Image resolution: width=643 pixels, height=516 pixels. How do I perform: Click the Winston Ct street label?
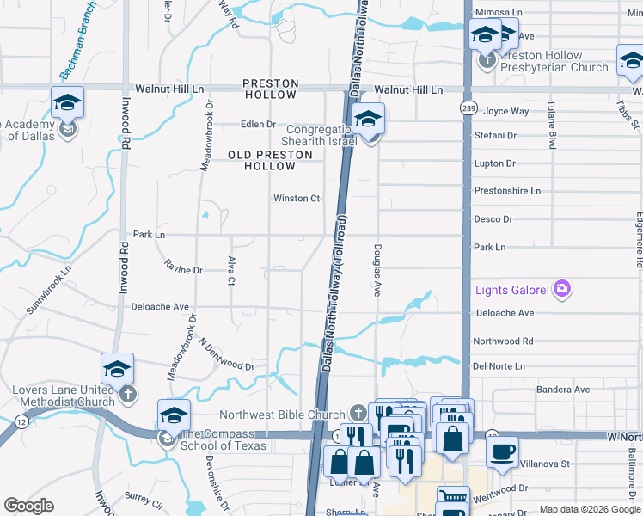[x=297, y=198]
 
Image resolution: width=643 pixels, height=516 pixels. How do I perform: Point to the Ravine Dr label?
[x=183, y=270]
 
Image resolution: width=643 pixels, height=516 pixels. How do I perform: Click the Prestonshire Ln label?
[x=507, y=190]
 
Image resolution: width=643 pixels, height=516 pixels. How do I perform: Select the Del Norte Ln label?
[x=499, y=365]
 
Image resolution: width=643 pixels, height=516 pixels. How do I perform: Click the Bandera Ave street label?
[x=562, y=390]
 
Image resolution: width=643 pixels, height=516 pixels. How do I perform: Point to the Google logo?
[x=28, y=506]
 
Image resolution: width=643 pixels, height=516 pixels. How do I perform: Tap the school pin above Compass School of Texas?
[x=174, y=416]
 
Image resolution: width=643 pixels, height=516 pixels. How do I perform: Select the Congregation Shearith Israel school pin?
[x=368, y=120]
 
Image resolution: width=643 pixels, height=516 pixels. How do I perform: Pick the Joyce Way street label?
[x=506, y=111]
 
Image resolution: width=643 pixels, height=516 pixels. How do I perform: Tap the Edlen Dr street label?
[x=258, y=124]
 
